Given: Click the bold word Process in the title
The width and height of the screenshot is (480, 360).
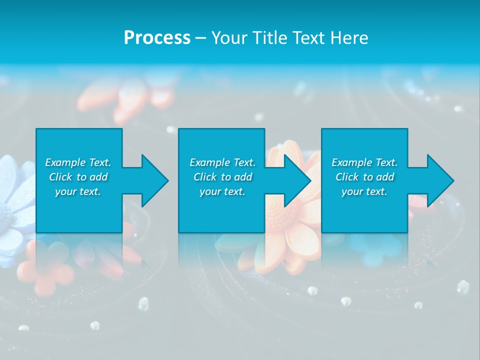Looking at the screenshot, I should click(x=157, y=38).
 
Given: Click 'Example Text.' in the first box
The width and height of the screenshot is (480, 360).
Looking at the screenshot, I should click(x=78, y=162).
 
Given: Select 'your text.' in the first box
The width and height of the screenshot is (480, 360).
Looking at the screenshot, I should click(x=78, y=191).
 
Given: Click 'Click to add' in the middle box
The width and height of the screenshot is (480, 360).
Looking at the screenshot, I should click(x=222, y=177).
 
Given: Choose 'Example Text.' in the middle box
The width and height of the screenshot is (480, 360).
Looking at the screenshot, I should click(x=222, y=162).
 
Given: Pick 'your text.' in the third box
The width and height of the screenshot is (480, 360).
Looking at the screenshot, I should click(x=364, y=191).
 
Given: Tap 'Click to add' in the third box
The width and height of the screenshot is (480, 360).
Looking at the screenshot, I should click(x=364, y=177).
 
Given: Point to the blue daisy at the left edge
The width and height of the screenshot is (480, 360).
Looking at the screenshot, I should click(x=12, y=200).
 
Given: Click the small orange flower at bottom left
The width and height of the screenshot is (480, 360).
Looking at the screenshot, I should click(x=45, y=272).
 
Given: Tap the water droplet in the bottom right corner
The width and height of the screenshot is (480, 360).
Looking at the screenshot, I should click(x=463, y=286).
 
